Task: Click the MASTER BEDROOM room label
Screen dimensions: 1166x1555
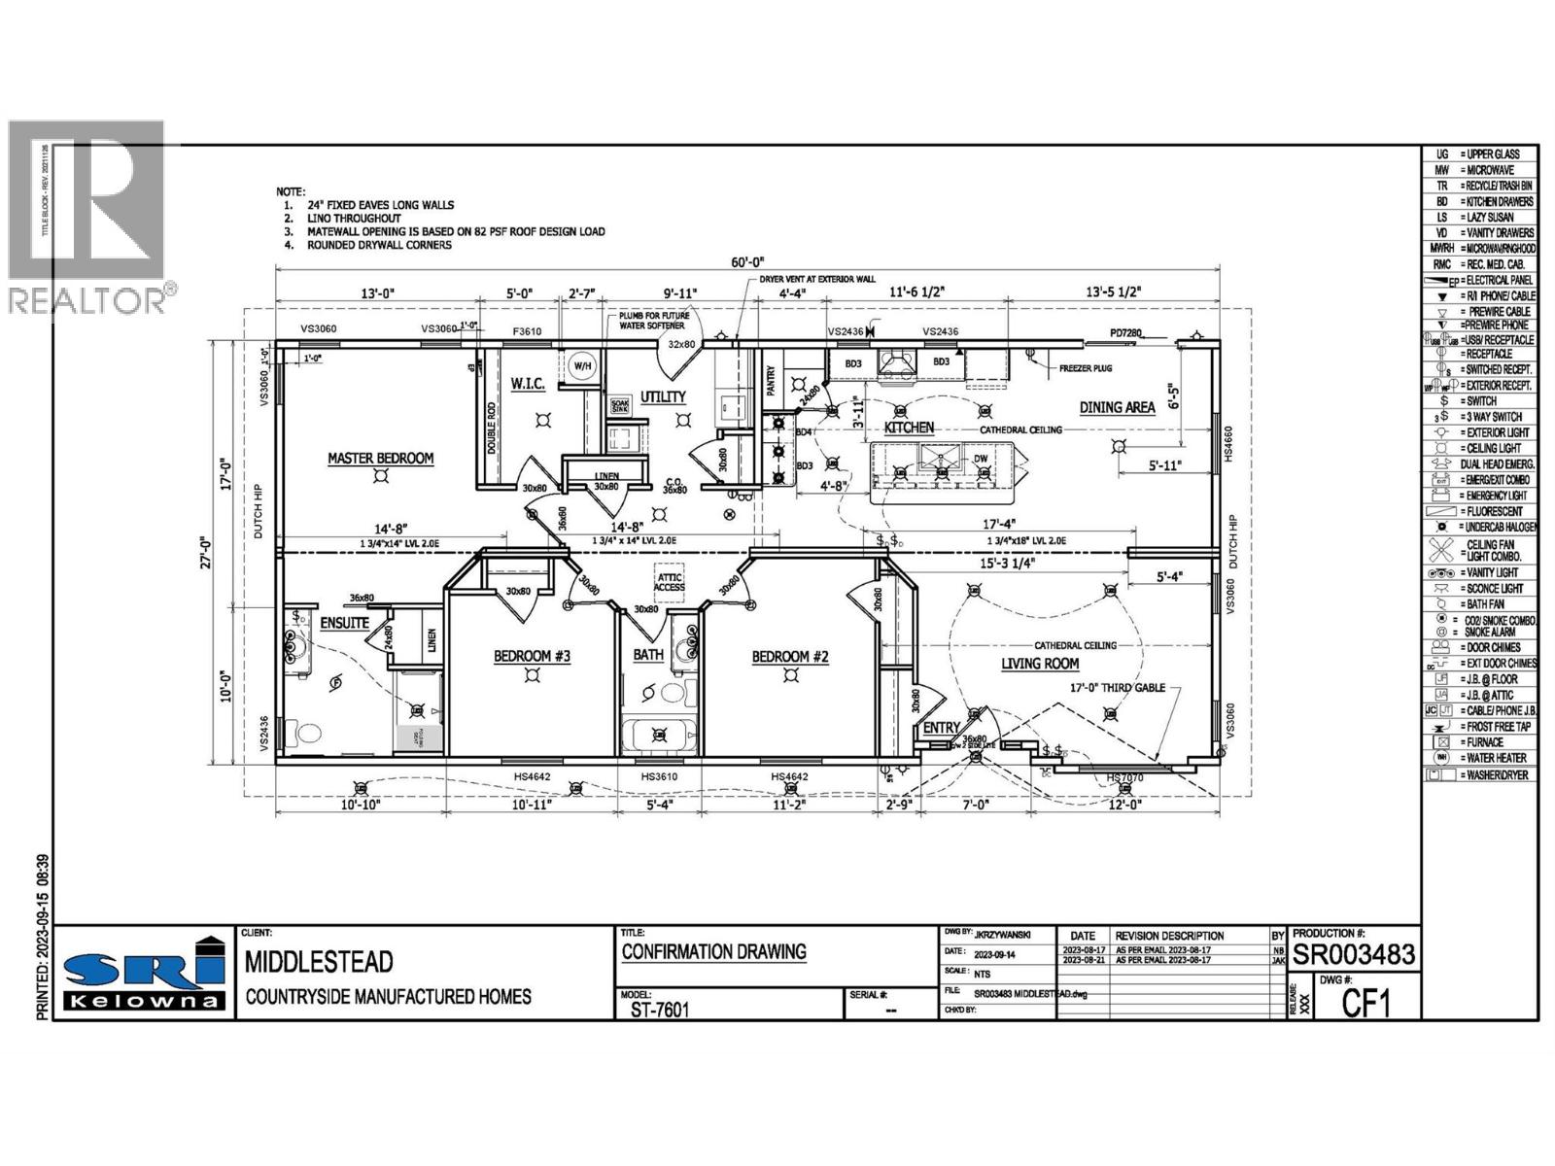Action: tap(380, 459)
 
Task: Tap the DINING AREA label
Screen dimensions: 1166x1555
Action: tap(1116, 408)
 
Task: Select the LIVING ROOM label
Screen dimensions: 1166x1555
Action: tap(1040, 664)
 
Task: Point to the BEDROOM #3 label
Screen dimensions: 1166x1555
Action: tap(532, 657)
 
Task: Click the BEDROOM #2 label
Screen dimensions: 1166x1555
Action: tap(789, 658)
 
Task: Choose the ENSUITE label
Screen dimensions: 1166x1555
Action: tap(345, 623)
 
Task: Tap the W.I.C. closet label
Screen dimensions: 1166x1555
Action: tap(528, 385)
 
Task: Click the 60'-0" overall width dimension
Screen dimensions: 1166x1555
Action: tap(748, 261)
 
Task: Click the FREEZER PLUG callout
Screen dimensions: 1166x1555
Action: tap(1085, 368)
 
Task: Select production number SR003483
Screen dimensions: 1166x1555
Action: tap(1353, 955)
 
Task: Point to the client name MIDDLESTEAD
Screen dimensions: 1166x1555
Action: tap(319, 962)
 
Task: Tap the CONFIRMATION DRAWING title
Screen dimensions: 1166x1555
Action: tap(713, 952)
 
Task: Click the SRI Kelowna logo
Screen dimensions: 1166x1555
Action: tap(144, 974)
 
